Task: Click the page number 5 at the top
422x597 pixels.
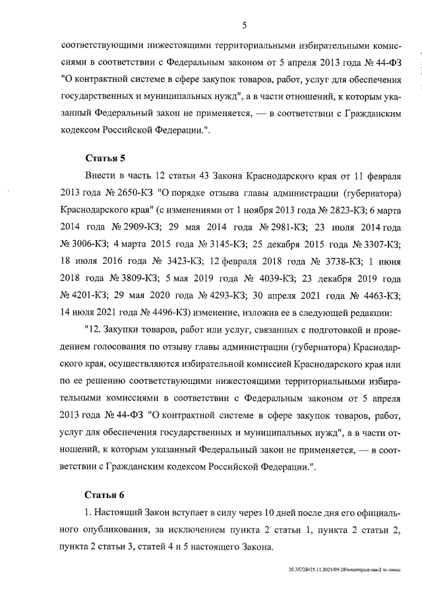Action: coord(244,26)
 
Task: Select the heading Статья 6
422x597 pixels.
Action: coord(105,494)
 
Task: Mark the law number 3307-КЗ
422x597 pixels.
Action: coord(377,243)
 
